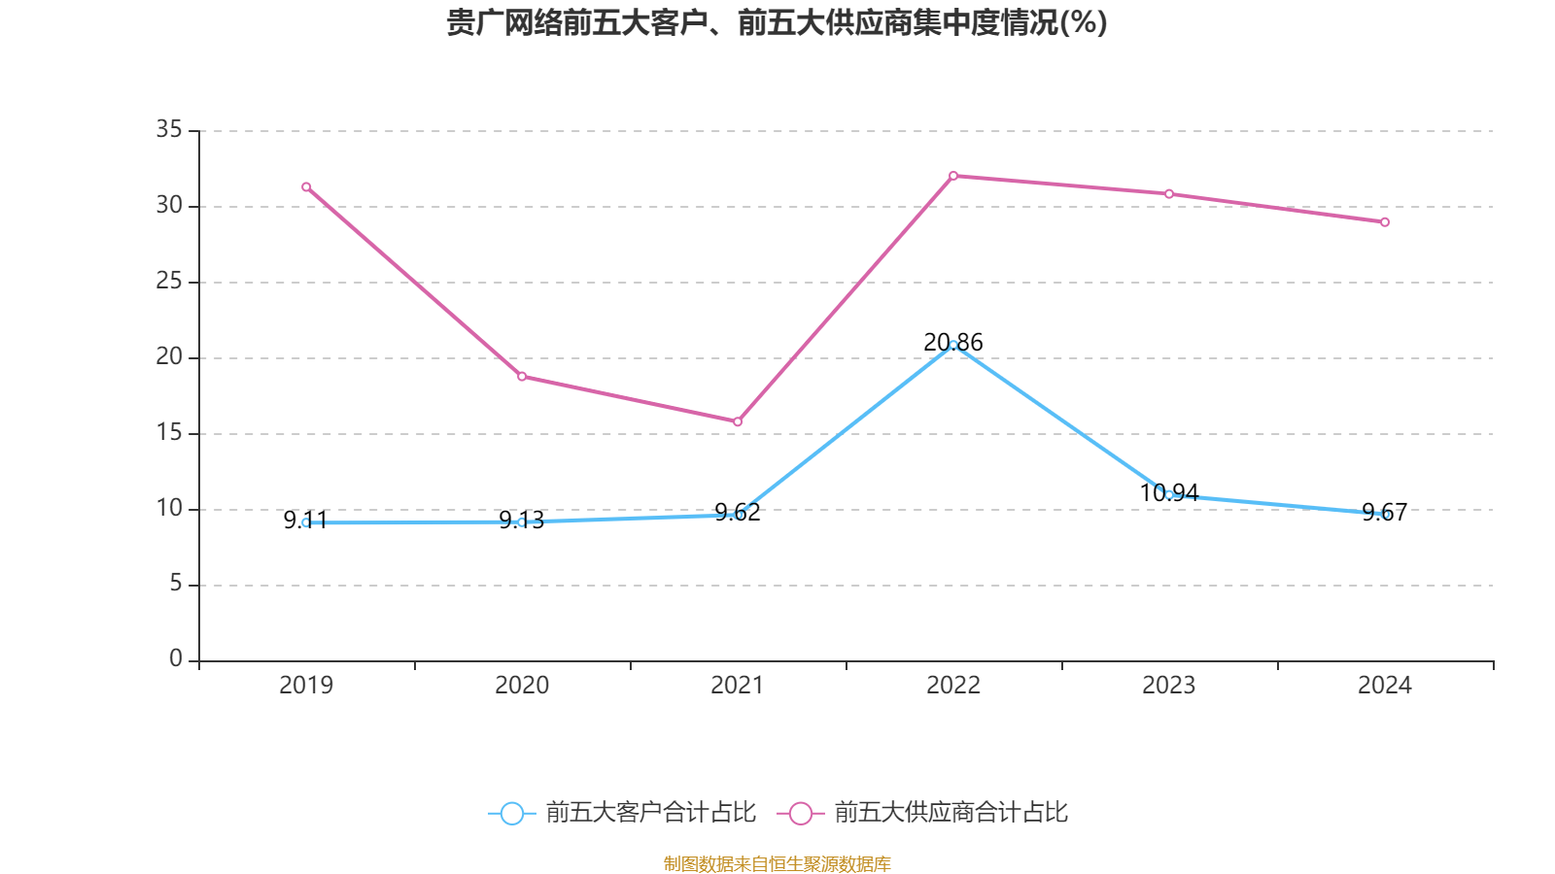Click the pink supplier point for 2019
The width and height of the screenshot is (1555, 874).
click(x=306, y=186)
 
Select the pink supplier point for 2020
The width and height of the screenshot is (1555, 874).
click(x=522, y=377)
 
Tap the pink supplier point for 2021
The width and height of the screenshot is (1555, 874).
click(x=738, y=422)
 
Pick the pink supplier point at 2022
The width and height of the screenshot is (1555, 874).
click(x=953, y=176)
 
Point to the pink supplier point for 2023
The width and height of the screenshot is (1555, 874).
click(x=1169, y=194)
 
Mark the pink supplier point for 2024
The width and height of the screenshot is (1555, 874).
click(x=1385, y=222)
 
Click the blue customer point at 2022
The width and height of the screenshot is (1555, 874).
click(x=953, y=345)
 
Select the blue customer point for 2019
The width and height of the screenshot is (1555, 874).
click(x=306, y=522)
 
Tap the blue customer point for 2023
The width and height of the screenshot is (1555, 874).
click(x=1169, y=495)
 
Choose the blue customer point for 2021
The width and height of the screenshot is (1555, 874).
click(x=738, y=515)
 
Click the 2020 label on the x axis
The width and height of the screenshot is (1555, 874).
click(x=522, y=686)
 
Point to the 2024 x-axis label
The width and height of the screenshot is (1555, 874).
click(x=1385, y=686)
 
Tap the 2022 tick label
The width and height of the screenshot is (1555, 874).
click(x=953, y=686)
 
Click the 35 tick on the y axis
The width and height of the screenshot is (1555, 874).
click(x=169, y=129)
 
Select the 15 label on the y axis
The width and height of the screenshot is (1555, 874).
click(x=169, y=432)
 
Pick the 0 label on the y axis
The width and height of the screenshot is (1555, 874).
click(x=176, y=659)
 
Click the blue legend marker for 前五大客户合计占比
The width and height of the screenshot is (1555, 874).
click(x=511, y=813)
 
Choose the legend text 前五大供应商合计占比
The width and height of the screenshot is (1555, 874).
click(x=950, y=813)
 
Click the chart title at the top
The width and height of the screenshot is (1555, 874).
click(x=777, y=22)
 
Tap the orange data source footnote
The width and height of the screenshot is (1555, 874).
click(x=777, y=863)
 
